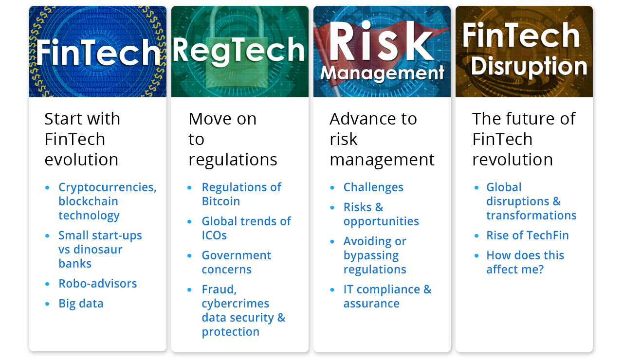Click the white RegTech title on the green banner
238,51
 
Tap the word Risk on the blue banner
381,41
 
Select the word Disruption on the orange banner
529,67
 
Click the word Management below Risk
382,73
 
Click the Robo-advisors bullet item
98,284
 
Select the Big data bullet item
81,304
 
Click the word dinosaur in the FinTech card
98,250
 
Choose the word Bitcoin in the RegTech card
221,201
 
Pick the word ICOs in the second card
214,235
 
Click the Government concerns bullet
237,262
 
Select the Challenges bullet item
373,187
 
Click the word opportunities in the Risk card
381,221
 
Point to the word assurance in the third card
371,304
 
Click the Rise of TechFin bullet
527,235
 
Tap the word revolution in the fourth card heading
513,160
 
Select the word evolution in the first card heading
81,160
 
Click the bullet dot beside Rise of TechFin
476,236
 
